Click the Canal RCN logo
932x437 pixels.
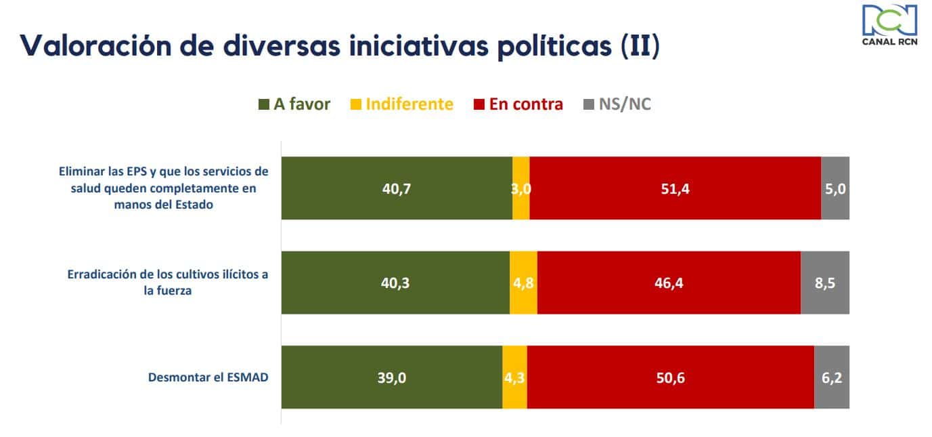889,27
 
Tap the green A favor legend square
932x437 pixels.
265,104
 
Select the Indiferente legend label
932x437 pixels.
409,104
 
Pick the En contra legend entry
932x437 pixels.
525,104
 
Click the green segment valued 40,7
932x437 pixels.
397,188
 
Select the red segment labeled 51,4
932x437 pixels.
675,188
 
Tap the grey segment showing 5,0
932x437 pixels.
835,188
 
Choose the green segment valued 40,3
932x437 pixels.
395,283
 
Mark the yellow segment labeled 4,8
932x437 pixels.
523,283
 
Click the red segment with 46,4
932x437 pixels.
669,283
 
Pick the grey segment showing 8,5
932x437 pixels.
825,283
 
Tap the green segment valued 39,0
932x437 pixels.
392,377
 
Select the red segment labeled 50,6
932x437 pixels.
670,377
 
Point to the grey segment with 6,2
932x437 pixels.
832,377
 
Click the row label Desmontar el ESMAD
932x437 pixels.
208,377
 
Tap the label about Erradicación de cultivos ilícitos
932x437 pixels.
168,283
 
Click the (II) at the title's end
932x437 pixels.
640,46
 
